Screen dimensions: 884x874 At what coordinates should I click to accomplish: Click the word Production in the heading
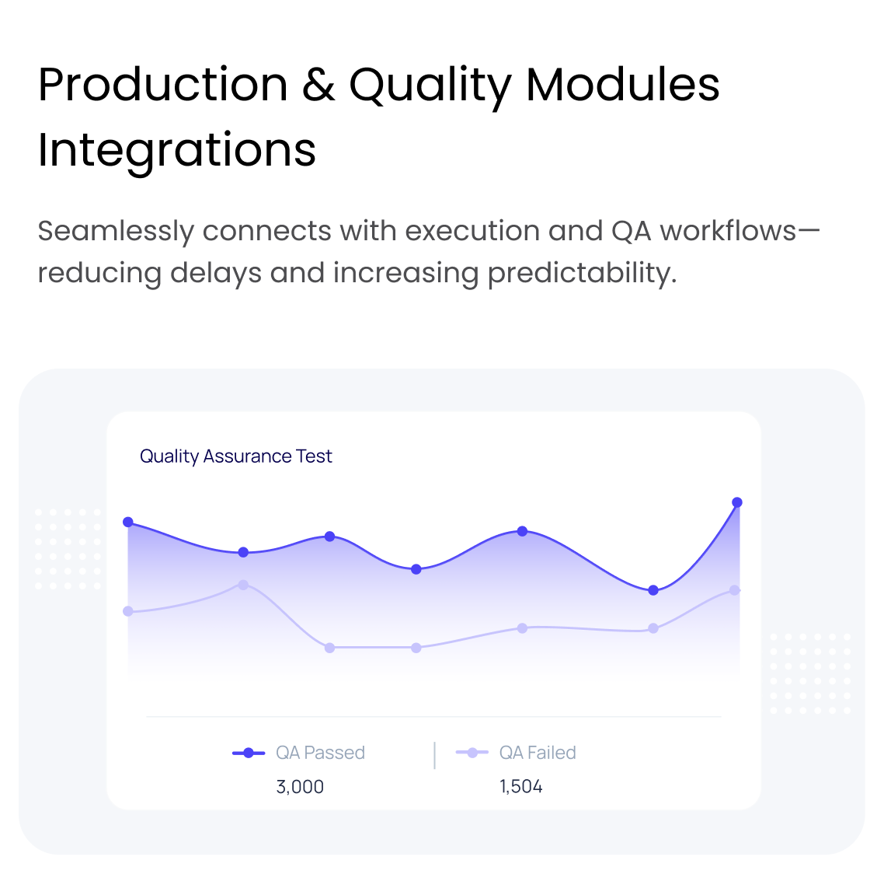(x=163, y=85)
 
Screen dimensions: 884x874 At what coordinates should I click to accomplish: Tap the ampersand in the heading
(x=318, y=85)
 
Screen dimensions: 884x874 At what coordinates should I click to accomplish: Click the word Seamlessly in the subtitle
(x=116, y=232)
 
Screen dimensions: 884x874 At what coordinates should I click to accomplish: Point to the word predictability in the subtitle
(x=582, y=274)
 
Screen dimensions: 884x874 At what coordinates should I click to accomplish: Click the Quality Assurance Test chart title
(x=235, y=456)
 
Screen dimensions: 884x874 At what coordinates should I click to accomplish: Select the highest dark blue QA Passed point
(x=737, y=502)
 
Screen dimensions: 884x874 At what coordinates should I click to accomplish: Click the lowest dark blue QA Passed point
(x=653, y=590)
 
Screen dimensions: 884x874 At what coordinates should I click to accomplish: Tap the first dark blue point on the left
(x=128, y=522)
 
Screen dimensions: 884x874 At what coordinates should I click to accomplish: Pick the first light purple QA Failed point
(x=128, y=611)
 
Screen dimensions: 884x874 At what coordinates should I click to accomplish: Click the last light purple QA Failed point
(x=735, y=590)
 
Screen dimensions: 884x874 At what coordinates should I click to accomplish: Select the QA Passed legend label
(x=320, y=753)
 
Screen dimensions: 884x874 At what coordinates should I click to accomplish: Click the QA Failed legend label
(x=538, y=753)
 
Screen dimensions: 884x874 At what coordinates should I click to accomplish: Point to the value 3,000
(x=300, y=787)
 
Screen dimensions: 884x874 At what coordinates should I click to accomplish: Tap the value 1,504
(x=521, y=787)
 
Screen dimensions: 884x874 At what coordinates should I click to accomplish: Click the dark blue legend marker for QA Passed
(x=249, y=753)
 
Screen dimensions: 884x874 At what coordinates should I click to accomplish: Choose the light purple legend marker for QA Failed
(x=472, y=753)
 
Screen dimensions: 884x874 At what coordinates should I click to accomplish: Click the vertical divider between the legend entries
(x=435, y=756)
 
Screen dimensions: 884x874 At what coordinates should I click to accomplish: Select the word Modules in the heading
(x=622, y=85)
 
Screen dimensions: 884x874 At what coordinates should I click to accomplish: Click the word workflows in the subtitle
(x=729, y=232)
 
